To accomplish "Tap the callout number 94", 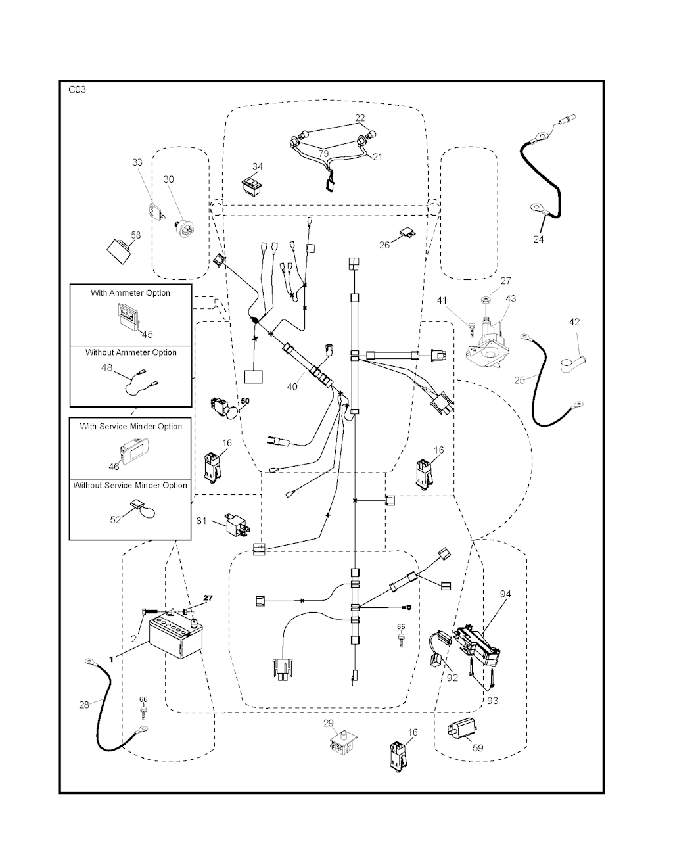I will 505,594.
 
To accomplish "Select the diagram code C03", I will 77,90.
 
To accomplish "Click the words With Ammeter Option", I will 130,293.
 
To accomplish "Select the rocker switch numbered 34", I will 252,185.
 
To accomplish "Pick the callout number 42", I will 574,322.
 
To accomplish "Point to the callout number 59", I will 478,747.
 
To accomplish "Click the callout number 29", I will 329,723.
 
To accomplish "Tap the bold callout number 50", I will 245,400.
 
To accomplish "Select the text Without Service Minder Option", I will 130,486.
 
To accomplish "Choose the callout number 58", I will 135,235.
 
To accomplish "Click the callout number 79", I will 323,154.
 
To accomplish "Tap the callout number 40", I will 292,386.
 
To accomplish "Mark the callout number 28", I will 84,705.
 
